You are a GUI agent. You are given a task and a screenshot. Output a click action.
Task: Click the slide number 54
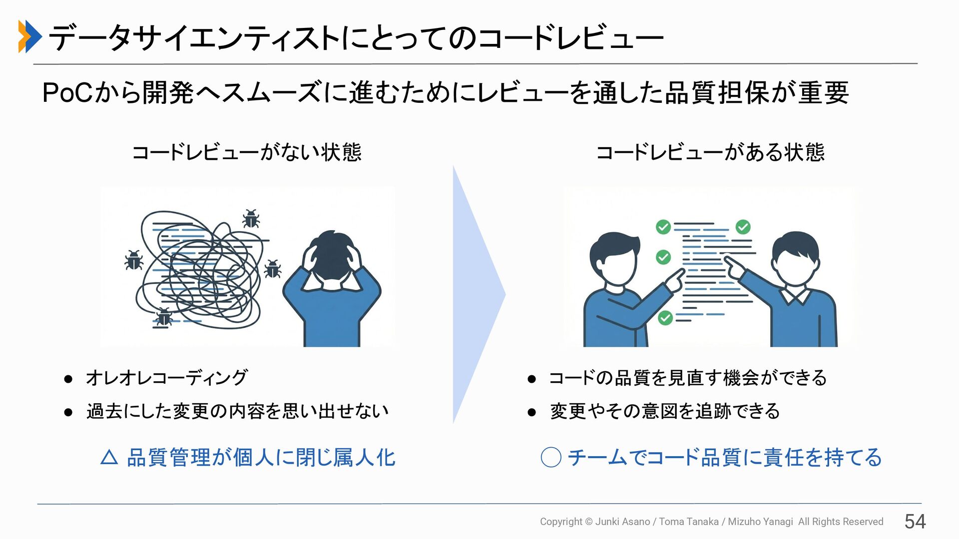click(915, 522)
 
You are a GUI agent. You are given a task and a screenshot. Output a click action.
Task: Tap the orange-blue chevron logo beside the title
click(29, 36)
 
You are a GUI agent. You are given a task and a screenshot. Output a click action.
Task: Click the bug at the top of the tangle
click(251, 219)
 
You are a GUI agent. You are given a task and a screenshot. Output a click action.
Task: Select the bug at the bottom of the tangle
click(163, 318)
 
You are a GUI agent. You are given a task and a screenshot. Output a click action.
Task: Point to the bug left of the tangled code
click(133, 260)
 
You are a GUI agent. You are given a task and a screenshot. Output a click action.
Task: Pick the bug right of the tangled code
click(272, 269)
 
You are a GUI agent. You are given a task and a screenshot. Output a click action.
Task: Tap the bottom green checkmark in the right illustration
click(665, 317)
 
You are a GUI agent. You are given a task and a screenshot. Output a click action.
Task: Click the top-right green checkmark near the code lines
click(743, 227)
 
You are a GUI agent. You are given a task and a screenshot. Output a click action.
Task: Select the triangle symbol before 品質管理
click(109, 457)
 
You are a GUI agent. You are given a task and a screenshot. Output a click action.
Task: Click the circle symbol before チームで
click(551, 457)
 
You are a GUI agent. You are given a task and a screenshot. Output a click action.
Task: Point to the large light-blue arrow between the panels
click(477, 294)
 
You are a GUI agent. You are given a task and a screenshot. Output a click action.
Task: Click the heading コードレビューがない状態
click(246, 152)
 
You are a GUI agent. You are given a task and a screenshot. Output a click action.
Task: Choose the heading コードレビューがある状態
click(710, 152)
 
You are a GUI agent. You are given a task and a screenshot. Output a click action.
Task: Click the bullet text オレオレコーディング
click(167, 378)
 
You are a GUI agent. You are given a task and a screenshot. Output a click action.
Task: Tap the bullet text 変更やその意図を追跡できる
click(664, 411)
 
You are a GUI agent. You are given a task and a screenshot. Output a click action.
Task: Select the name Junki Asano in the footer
click(622, 522)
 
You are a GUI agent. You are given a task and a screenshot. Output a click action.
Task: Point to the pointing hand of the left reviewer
click(676, 279)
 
